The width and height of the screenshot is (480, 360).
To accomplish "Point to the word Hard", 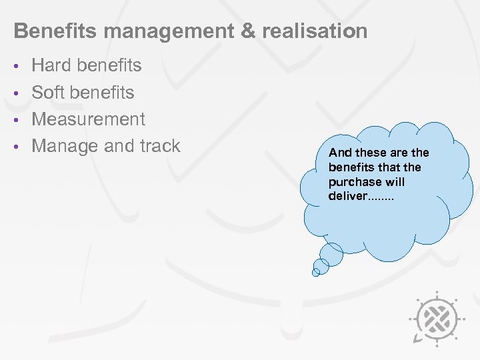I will click(x=52, y=65).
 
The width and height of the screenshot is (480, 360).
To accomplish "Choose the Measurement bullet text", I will click(x=88, y=119).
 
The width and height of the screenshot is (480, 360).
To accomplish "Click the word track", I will click(x=158, y=146).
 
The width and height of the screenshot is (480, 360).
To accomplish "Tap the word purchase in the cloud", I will click(x=355, y=182).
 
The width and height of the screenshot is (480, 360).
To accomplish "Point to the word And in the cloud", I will click(x=338, y=153).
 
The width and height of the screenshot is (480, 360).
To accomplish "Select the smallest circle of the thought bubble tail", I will click(x=317, y=272).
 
